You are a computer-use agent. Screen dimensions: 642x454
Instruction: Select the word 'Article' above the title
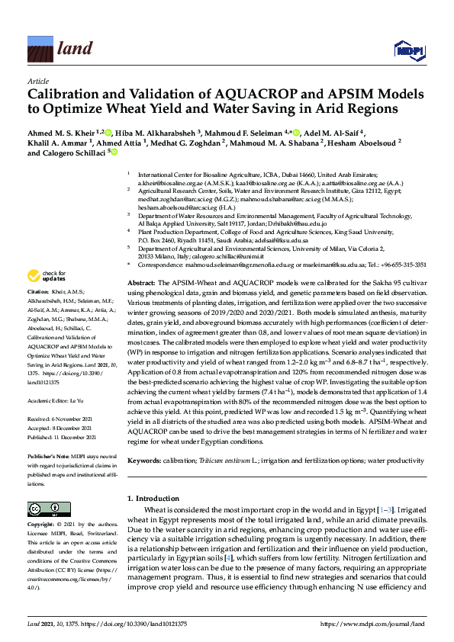tap(38, 80)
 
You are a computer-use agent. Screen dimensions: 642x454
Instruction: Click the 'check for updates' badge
tap(46, 276)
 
